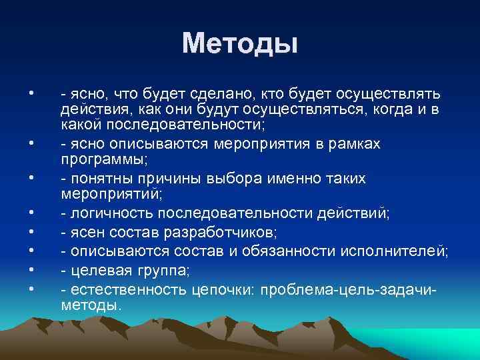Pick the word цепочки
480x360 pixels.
point(223,290)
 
